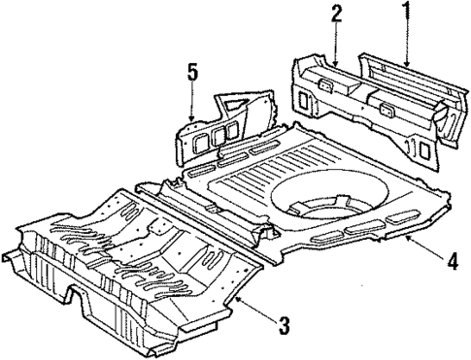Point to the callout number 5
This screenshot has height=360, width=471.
tap(192, 72)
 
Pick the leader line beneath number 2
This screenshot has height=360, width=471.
tap(335, 45)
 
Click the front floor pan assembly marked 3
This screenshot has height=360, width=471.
tap(136, 262)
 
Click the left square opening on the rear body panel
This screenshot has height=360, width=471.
tap(304, 98)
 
